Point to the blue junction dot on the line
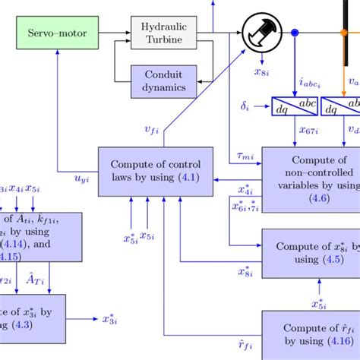[x=295, y=33]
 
